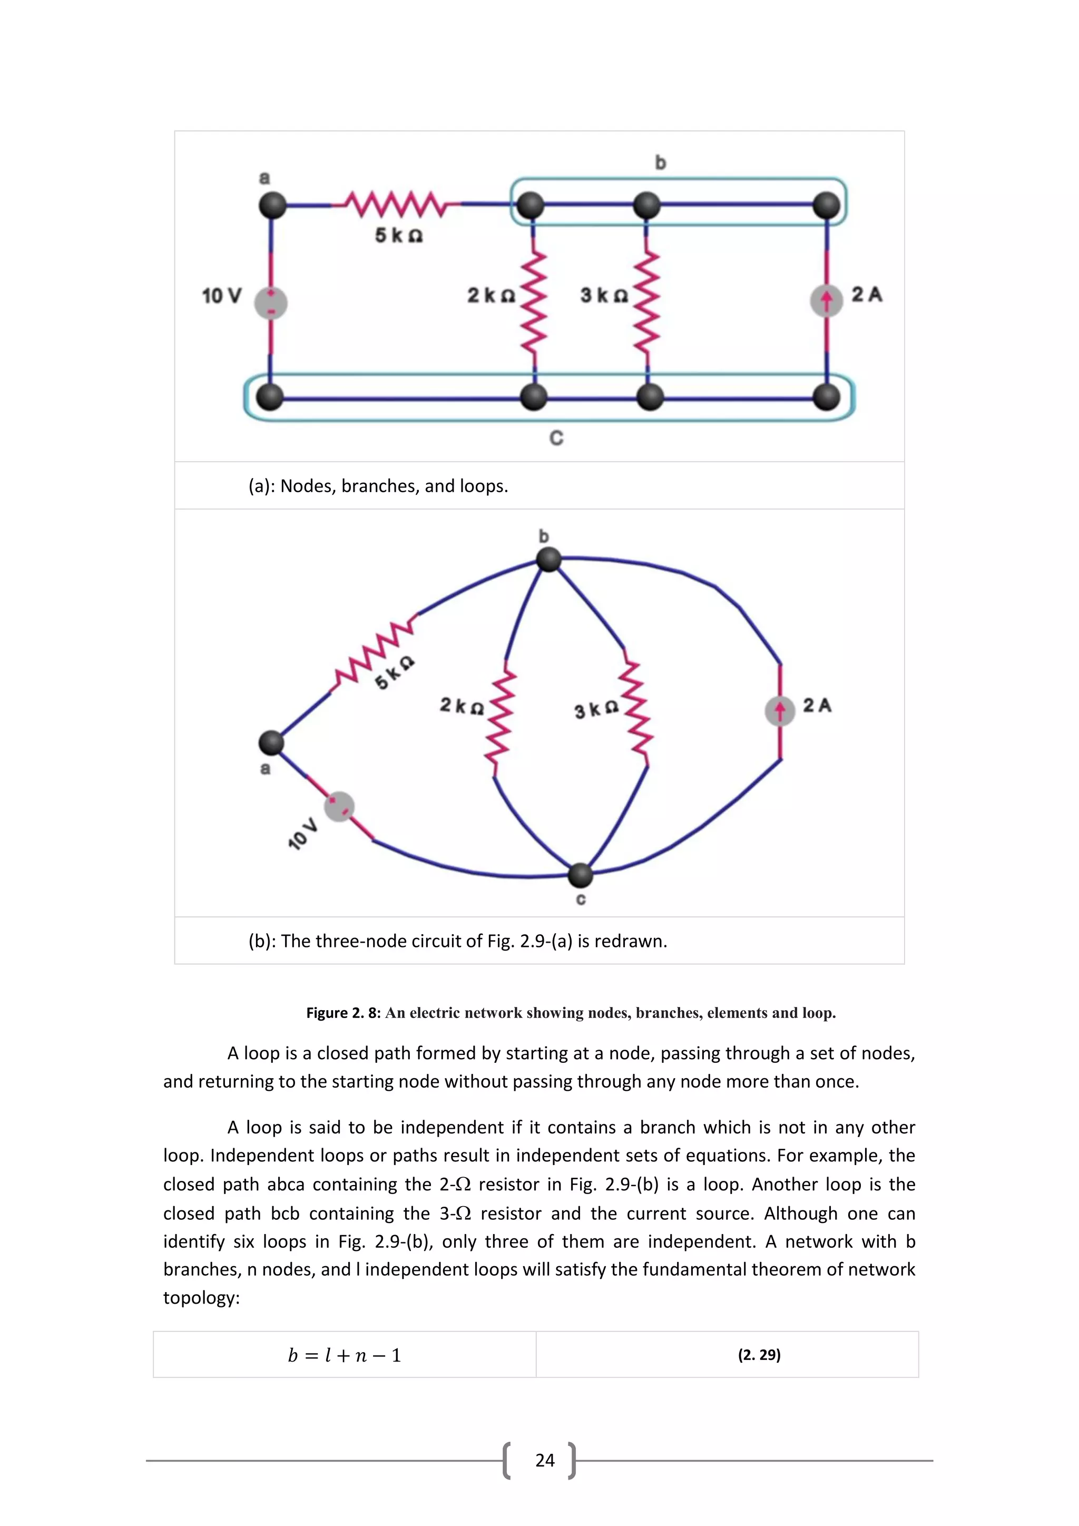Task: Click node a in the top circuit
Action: [x=272, y=206]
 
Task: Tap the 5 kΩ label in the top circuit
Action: [x=399, y=236]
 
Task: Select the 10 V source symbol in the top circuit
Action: [x=271, y=303]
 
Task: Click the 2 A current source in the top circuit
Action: [x=826, y=300]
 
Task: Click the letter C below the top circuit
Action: [x=556, y=438]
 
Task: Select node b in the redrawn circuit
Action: [x=549, y=559]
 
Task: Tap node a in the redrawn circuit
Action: [x=271, y=742]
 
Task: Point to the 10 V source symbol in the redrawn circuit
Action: [x=339, y=807]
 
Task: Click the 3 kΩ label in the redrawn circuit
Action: [x=596, y=710]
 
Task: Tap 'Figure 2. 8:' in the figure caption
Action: [x=343, y=1013]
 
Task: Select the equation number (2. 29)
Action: [x=759, y=1355]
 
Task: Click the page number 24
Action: [x=544, y=1460]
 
